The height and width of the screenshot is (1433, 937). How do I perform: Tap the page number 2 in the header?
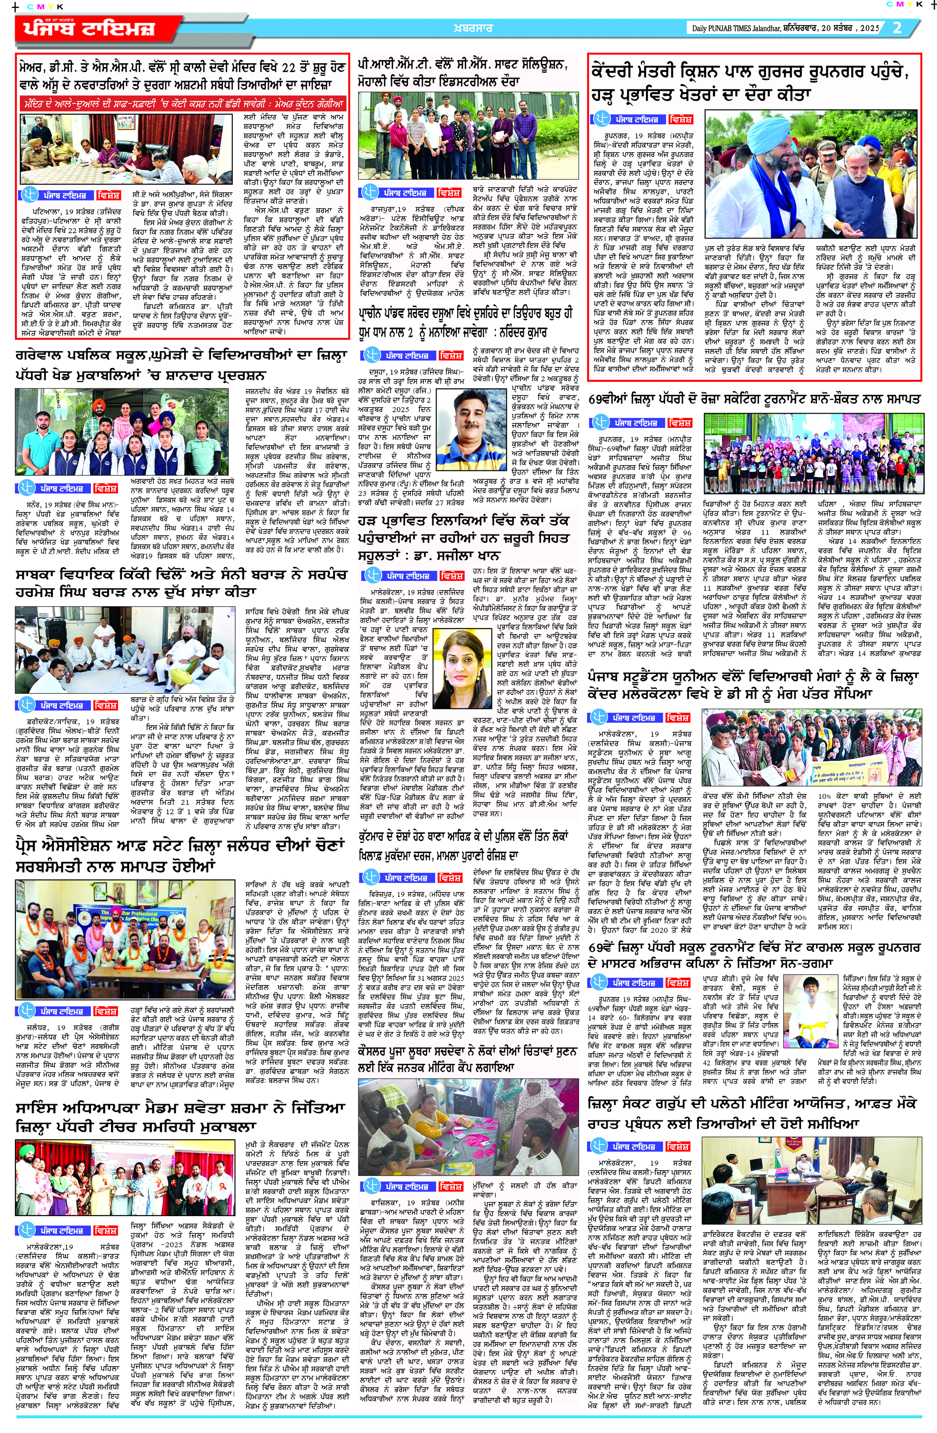click(897, 28)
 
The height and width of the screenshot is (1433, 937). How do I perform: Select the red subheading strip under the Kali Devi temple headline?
click(182, 104)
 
